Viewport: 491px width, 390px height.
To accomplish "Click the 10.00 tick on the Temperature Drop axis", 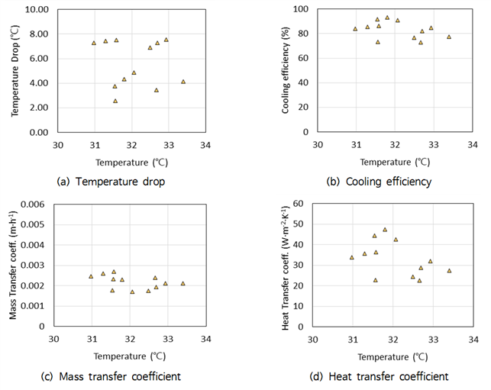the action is [37, 9].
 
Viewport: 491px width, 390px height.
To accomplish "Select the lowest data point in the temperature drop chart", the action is [115, 101].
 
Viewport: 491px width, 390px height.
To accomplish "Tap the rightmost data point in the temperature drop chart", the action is [183, 82].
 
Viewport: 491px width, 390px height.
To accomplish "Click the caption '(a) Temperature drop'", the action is [111, 182].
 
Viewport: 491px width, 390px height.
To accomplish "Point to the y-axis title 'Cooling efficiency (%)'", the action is [285, 70].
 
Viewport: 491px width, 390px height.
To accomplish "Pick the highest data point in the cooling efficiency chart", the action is [387, 18].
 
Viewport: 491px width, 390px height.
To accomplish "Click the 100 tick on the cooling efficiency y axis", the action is [301, 9].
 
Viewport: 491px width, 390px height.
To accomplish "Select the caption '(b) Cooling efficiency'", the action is [379, 182].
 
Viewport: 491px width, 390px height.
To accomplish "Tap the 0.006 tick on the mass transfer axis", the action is [33, 205].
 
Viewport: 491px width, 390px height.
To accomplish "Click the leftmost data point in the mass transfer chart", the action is [91, 276].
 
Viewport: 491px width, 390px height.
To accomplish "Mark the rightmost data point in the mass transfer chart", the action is [183, 284].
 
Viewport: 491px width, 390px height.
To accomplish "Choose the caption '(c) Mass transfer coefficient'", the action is [111, 376].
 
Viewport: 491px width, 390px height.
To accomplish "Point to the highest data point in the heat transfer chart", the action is [385, 230].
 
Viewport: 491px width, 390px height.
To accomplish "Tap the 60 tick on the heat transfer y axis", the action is [298, 204].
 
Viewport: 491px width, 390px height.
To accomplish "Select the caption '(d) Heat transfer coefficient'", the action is [379, 376].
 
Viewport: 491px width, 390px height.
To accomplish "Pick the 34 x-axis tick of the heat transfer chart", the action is [473, 340].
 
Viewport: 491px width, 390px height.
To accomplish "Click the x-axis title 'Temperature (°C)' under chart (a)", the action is [131, 163].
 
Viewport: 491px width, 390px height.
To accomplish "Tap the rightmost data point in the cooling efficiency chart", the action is [449, 37].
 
